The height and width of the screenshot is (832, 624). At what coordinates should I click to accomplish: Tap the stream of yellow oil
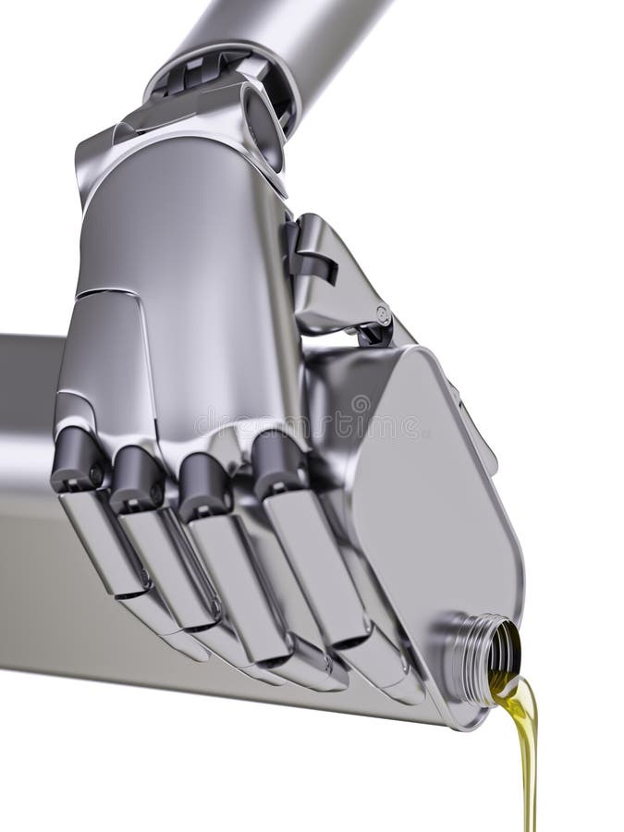[x=527, y=758]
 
